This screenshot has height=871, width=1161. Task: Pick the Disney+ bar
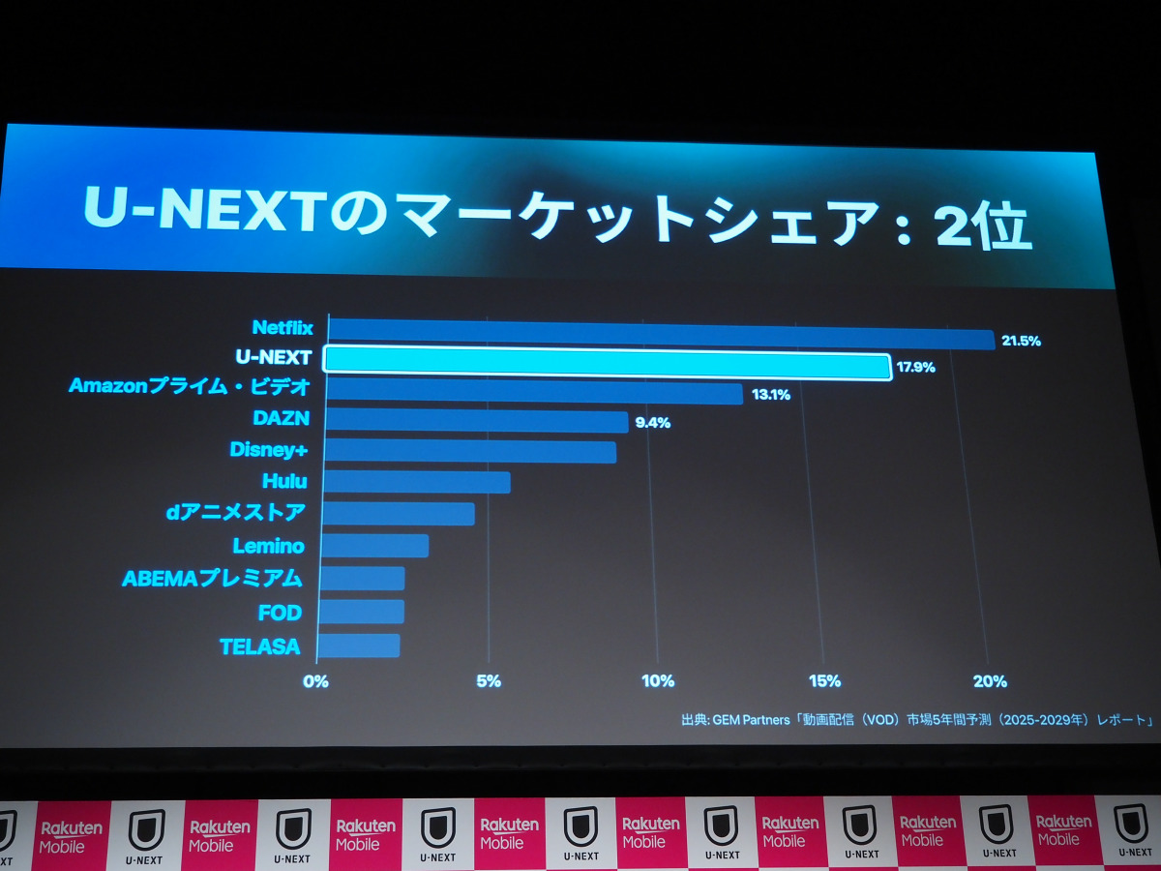470,451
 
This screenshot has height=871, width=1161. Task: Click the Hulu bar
416,481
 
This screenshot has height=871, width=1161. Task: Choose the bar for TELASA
359,646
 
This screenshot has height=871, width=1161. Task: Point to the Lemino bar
374,546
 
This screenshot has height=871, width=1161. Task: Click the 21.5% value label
1020,342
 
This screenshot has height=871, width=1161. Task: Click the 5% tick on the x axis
489,680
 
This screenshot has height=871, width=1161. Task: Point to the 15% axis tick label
824,680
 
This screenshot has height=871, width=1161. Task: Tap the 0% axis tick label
316,680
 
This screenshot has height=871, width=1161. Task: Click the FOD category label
281,613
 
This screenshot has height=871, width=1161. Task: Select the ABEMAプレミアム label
212,579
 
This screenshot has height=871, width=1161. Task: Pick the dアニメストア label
236,512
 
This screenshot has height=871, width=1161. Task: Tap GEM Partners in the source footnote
752,720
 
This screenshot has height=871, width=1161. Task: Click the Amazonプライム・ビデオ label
190,387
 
